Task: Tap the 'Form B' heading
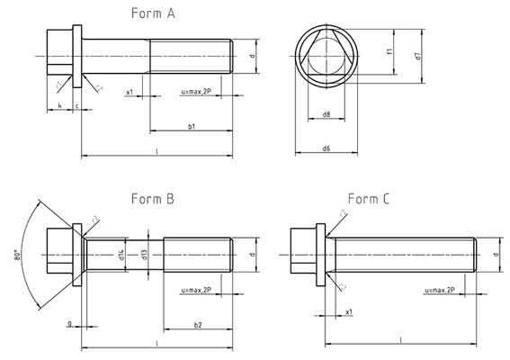tap(153, 199)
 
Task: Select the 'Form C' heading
tap(368, 199)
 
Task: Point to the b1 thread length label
tap(192, 128)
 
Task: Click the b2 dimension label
tap(198, 325)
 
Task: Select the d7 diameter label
tap(417, 56)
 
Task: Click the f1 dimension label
tap(389, 51)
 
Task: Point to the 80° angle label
tap(17, 256)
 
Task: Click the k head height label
tap(59, 106)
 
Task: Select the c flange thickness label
tap(76, 106)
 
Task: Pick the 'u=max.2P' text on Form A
tap(197, 92)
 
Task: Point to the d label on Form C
tap(496, 254)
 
